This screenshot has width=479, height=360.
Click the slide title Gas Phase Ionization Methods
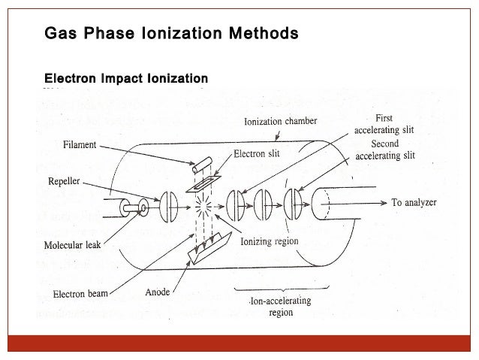pyautogui.click(x=171, y=35)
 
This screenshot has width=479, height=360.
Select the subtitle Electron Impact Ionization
pyautogui.click(x=126, y=78)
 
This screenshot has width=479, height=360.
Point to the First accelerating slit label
pyautogui.click(x=383, y=123)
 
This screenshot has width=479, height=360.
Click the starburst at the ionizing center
pyautogui.click(x=200, y=204)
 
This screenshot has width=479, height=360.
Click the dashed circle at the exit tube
pyautogui.click(x=324, y=202)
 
